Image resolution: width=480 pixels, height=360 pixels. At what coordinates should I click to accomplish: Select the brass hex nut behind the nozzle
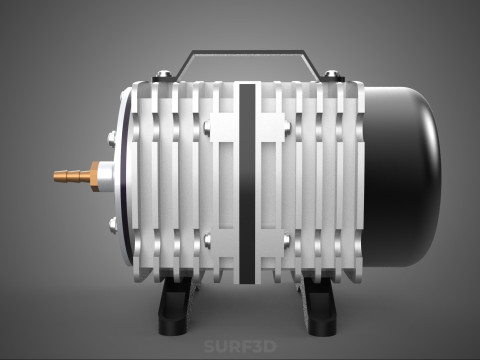94,175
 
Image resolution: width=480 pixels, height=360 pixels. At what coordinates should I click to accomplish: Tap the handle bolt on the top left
163,75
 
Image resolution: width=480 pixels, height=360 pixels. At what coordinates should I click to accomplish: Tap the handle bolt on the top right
331,75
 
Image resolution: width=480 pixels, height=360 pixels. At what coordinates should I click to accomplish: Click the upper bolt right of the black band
287,127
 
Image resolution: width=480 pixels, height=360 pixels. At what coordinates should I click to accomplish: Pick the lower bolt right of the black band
287,240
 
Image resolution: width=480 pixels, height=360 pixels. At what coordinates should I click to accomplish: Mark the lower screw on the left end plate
111,222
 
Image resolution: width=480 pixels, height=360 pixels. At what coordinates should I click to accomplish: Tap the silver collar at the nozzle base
104,175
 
